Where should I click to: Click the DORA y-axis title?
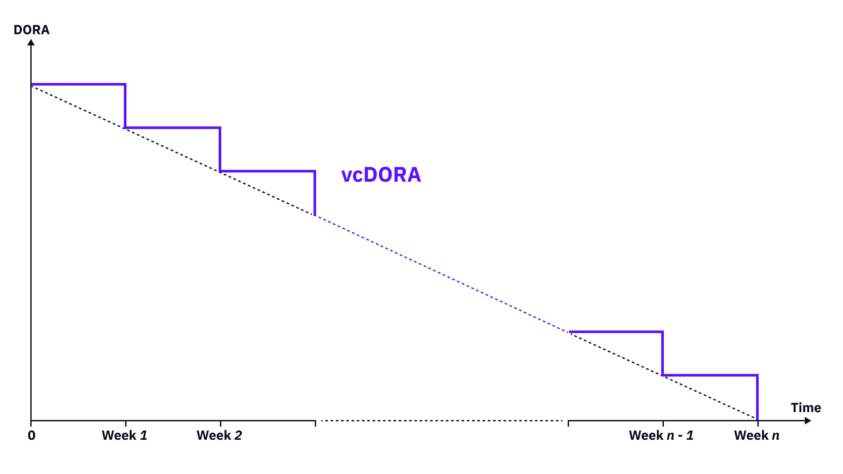[31, 30]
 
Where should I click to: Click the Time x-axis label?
[806, 408]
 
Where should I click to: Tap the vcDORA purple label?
[381, 175]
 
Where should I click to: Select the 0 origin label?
[31, 435]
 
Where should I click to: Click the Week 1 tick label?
[125, 435]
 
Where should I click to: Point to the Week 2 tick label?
[220, 435]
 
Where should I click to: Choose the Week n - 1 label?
[661, 435]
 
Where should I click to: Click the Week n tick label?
[757, 435]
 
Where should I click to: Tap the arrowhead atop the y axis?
[31, 42]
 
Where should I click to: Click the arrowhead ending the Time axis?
[808, 421]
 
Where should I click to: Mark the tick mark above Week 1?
[126, 423]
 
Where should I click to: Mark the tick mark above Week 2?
[220, 423]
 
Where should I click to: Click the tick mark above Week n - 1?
[663, 423]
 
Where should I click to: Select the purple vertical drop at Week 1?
[125, 106]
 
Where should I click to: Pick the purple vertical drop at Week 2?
[220, 149]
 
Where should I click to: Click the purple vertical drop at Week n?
[757, 397]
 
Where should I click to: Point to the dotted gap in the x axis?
[441, 420]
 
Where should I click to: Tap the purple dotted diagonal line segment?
[441, 274]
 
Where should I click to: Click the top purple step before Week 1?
[78, 84]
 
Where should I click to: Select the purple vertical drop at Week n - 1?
[663, 353]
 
